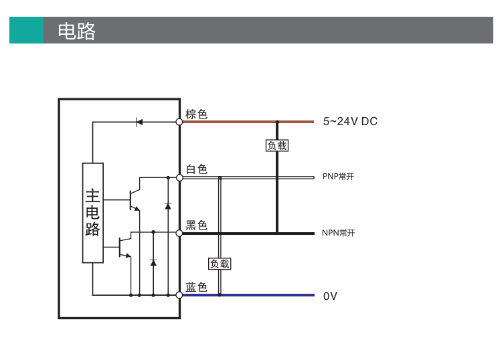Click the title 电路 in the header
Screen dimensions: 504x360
pyautogui.click(x=76, y=31)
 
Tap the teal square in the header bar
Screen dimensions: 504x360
pyautogui.click(x=26, y=30)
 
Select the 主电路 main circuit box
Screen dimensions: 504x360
pyautogui.click(x=93, y=213)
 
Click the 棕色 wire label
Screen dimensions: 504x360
pyautogui.click(x=196, y=114)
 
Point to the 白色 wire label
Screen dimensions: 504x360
pyautogui.click(x=197, y=169)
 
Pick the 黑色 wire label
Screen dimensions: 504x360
pyautogui.click(x=196, y=225)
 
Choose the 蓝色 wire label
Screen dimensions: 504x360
pyautogui.click(x=196, y=286)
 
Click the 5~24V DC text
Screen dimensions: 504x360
pyautogui.click(x=350, y=121)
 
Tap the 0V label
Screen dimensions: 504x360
pyautogui.click(x=330, y=296)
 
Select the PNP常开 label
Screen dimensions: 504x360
pyautogui.click(x=338, y=177)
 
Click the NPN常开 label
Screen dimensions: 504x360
pyautogui.click(x=338, y=233)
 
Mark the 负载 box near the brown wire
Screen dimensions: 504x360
pyautogui.click(x=277, y=146)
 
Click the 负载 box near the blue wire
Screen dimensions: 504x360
pyautogui.click(x=220, y=264)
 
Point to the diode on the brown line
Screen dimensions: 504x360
pyautogui.click(x=139, y=122)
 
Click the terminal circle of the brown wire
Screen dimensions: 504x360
pyautogui.click(x=179, y=122)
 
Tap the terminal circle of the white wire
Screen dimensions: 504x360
pyautogui.click(x=179, y=177)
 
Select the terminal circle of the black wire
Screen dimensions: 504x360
pyautogui.click(x=179, y=233)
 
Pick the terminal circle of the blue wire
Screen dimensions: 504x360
pyautogui.click(x=179, y=295)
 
